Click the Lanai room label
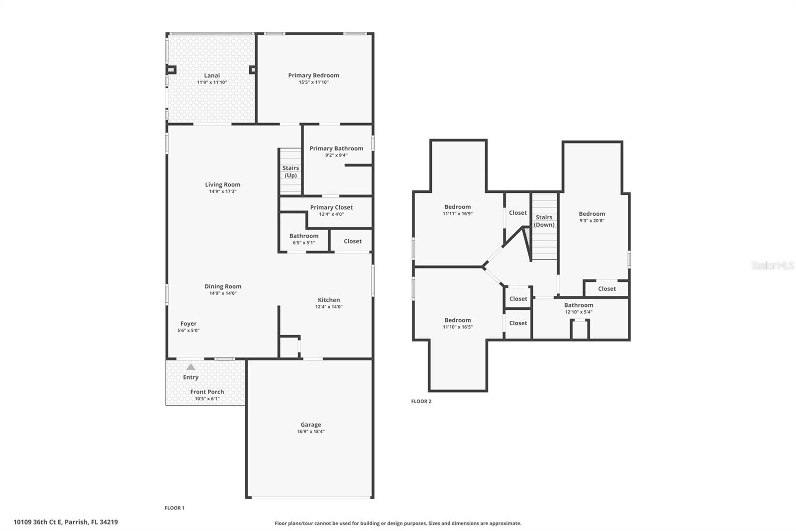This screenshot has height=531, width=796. [212, 76]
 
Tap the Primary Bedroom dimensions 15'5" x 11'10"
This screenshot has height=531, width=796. [313, 82]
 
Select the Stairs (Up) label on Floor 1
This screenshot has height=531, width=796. [291, 172]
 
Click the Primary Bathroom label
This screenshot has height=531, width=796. [336, 148]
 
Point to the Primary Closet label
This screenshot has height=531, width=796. [331, 207]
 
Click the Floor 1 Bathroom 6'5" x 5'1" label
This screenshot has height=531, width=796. [303, 239]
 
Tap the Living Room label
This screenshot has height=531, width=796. [222, 185]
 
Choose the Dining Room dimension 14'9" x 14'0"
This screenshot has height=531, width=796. [222, 293]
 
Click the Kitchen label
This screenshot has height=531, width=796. [329, 300]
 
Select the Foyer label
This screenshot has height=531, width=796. [188, 324]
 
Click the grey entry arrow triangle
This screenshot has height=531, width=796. [191, 367]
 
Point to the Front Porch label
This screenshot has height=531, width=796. [207, 392]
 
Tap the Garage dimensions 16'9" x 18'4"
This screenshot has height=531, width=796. [311, 432]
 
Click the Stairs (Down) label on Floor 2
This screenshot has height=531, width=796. [544, 221]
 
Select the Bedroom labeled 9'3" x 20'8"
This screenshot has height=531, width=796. [592, 217]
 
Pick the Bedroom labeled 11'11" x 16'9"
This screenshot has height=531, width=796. [457, 210]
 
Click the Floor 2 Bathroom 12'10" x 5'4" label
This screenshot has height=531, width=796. [578, 308]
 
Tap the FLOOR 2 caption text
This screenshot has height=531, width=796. [421, 401]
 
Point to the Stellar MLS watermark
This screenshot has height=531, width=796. [772, 265]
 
